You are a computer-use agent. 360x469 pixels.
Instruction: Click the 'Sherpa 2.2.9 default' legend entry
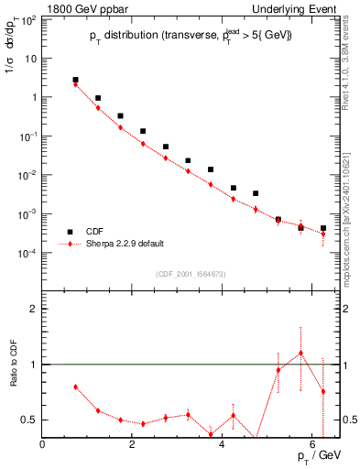coord(119,245)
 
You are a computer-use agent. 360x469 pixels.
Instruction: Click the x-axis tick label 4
coord(223,446)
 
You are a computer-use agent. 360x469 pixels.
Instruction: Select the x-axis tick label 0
coord(43,446)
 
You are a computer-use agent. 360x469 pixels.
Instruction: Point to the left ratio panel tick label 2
coord(33,309)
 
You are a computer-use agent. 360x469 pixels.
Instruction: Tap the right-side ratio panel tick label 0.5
coord(351,420)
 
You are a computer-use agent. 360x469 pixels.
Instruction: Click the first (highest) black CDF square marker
coord(75,80)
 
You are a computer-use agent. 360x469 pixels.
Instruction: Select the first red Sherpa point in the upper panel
coord(75,84)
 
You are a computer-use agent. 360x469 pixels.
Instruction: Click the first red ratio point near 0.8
coord(75,387)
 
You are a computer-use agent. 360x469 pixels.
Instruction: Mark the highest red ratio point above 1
coord(300,353)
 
